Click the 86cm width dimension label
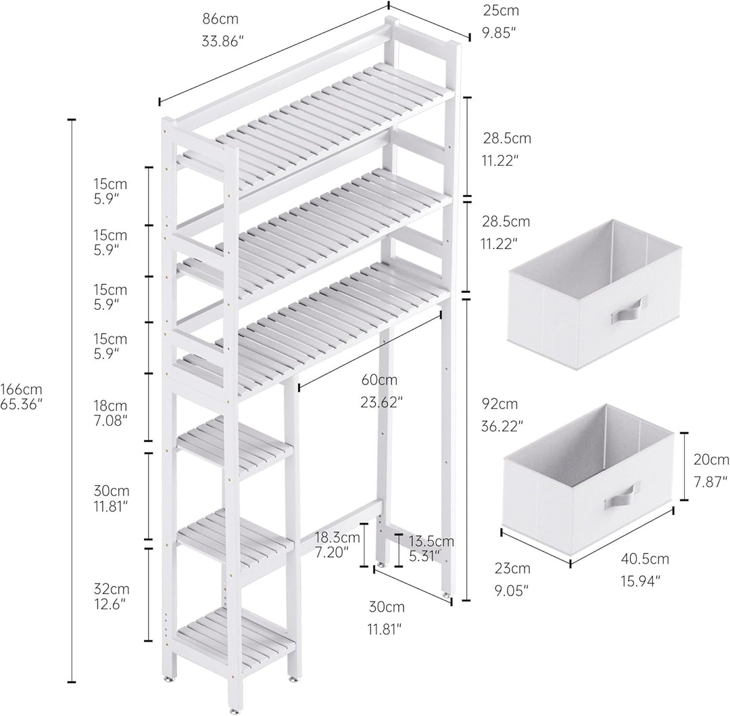point(220,19)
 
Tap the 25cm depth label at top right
point(500,10)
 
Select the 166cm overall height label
point(21,388)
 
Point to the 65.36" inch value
point(22,404)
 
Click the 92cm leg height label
point(500,403)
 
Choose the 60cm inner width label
point(379,380)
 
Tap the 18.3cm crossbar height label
point(337,537)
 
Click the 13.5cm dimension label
point(431,541)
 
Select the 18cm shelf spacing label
point(110,405)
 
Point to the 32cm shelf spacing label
point(112,589)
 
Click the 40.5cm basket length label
point(645,558)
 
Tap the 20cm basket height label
point(711,460)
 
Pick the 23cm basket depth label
point(512,568)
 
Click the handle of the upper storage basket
point(629,311)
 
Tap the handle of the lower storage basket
point(622,497)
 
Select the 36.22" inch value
point(502,426)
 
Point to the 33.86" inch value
point(223,41)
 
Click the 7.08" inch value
point(111,420)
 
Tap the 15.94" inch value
point(641,581)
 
